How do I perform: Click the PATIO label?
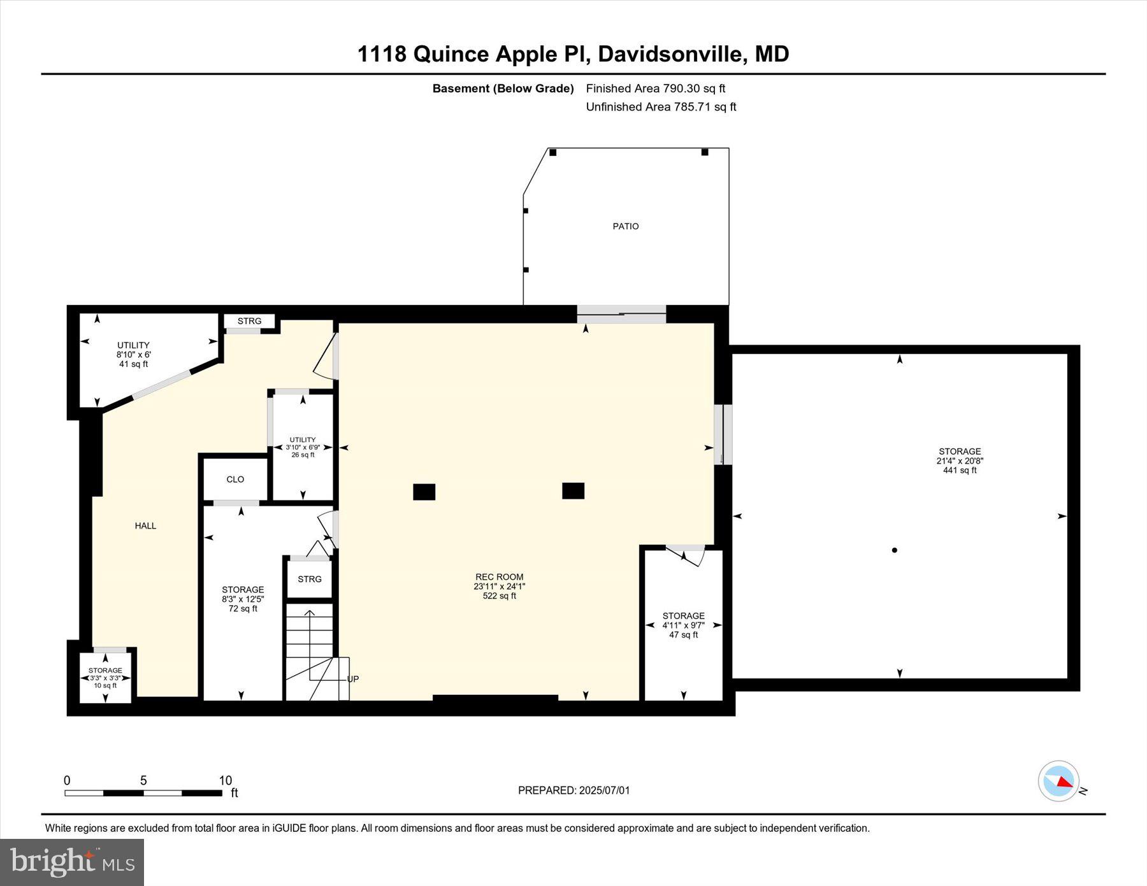[625, 226]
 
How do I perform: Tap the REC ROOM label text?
[499, 577]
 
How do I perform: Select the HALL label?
[145, 525]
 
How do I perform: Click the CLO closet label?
[235, 480]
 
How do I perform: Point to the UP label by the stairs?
[353, 679]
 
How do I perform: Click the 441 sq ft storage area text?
[959, 470]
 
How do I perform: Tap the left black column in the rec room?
[424, 492]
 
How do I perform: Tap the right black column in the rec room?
[573, 490]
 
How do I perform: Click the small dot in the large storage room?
[895, 550]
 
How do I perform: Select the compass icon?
[1058, 781]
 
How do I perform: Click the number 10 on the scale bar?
[225, 780]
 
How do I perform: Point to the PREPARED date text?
[573, 790]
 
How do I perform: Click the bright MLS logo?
[72, 862]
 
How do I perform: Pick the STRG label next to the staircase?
[310, 579]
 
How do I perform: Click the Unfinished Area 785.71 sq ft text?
[661, 107]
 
